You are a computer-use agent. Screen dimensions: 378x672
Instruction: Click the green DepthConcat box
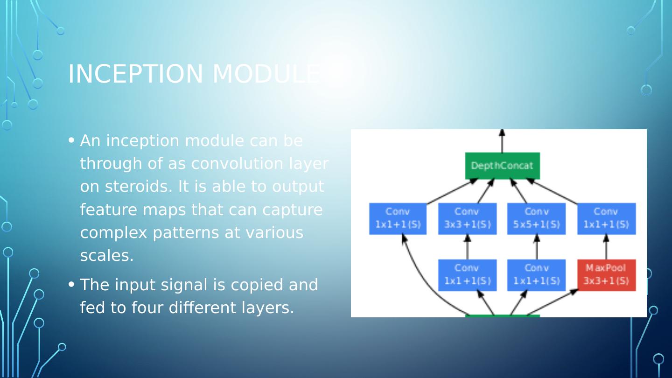point(502,166)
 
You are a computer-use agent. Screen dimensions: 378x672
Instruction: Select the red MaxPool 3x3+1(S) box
point(606,275)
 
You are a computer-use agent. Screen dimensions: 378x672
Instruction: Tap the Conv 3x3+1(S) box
point(467,218)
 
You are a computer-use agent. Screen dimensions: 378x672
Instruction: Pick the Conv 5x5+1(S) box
point(536,218)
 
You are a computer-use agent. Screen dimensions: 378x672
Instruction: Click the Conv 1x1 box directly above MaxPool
point(606,218)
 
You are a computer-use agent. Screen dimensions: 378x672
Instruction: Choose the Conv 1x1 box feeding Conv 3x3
point(467,275)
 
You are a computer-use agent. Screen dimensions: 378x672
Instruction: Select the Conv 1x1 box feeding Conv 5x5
point(536,275)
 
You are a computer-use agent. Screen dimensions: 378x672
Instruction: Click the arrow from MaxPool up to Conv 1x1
point(606,247)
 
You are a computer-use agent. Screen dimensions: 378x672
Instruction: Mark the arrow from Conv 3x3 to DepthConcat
point(486,191)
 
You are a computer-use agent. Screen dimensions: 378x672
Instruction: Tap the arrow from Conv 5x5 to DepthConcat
point(518,191)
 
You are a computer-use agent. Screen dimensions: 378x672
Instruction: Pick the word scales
point(107,256)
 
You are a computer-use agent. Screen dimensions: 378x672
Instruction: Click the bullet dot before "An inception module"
point(71,140)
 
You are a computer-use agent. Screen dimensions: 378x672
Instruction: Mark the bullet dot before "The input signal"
point(71,284)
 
